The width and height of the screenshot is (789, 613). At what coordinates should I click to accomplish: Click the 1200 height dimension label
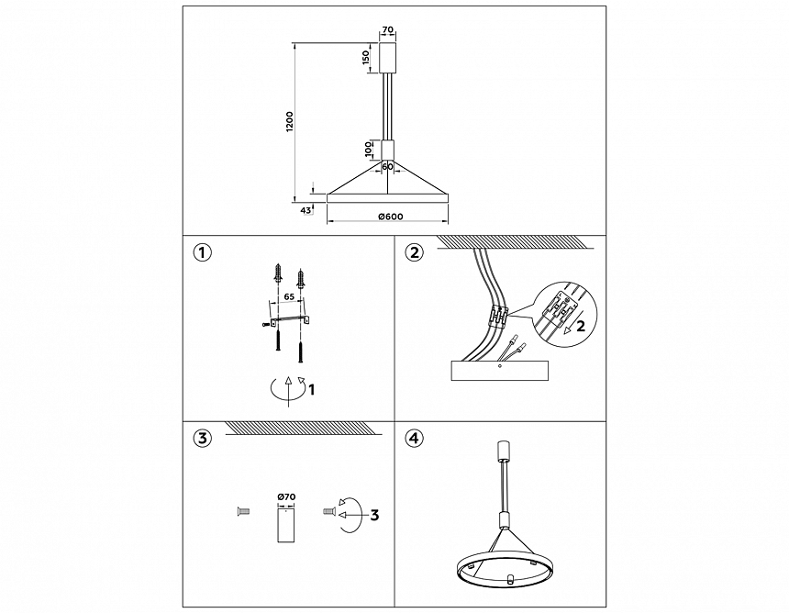pos(289,121)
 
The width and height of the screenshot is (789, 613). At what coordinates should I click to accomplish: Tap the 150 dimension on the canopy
pos(366,58)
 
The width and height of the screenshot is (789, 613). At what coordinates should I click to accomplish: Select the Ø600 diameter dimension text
pos(391,217)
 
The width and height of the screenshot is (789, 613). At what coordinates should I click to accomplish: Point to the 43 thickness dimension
pos(306,210)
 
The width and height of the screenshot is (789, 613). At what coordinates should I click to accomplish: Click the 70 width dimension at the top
pos(387,30)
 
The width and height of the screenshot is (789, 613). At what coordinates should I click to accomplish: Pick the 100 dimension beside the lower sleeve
pos(368,148)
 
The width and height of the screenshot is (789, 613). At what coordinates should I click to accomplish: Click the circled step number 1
pos(202,252)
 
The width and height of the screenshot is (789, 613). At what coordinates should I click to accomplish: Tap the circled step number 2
pos(414,252)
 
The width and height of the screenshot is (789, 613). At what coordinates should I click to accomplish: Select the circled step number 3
pos(202,438)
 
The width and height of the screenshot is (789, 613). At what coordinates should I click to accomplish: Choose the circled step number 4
pos(414,438)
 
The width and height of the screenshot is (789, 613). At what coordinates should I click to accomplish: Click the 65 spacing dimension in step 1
pos(289,297)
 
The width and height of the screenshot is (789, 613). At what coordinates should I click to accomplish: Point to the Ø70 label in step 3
pos(286,496)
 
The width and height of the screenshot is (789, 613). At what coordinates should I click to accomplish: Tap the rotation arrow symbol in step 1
pos(288,390)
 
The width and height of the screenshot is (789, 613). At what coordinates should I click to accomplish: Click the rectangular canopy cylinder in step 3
pos(285,524)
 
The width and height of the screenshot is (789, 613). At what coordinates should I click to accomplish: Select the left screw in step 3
pos(243,511)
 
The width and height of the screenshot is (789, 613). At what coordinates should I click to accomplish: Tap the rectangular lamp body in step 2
pos(500,371)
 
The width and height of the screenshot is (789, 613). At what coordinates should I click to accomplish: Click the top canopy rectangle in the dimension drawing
pos(387,58)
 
